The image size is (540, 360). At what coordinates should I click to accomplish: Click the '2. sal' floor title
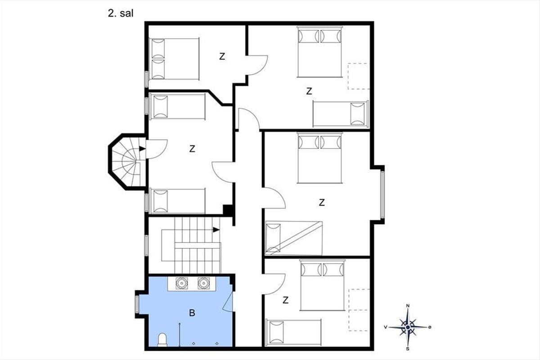(121, 13)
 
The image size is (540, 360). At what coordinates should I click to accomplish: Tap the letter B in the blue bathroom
(192, 313)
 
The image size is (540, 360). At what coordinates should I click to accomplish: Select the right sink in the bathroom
(204, 283)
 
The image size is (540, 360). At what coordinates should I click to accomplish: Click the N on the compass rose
(408, 306)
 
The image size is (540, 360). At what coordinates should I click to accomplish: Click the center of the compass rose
(408, 327)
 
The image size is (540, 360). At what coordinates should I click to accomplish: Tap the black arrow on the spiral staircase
(142, 149)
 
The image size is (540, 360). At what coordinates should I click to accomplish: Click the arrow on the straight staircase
(216, 230)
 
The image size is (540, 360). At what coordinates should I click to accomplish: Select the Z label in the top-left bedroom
(222, 56)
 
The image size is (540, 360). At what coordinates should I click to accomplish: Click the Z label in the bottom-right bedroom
(285, 300)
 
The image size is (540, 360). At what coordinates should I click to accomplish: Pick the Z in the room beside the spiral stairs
(192, 149)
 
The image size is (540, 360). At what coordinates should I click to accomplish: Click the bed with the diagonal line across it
(294, 238)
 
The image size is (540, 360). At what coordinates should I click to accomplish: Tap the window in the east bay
(382, 194)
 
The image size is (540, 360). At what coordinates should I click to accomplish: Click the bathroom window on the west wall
(137, 304)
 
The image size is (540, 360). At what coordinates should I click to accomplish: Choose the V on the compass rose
(386, 327)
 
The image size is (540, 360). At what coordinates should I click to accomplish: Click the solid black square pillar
(228, 210)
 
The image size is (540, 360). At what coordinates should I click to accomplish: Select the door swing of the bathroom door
(227, 301)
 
